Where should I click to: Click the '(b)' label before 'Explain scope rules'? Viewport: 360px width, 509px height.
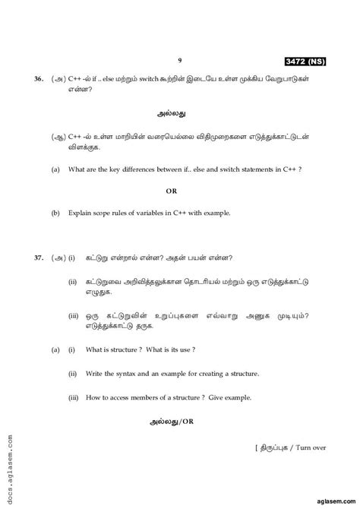coord(55,213)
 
